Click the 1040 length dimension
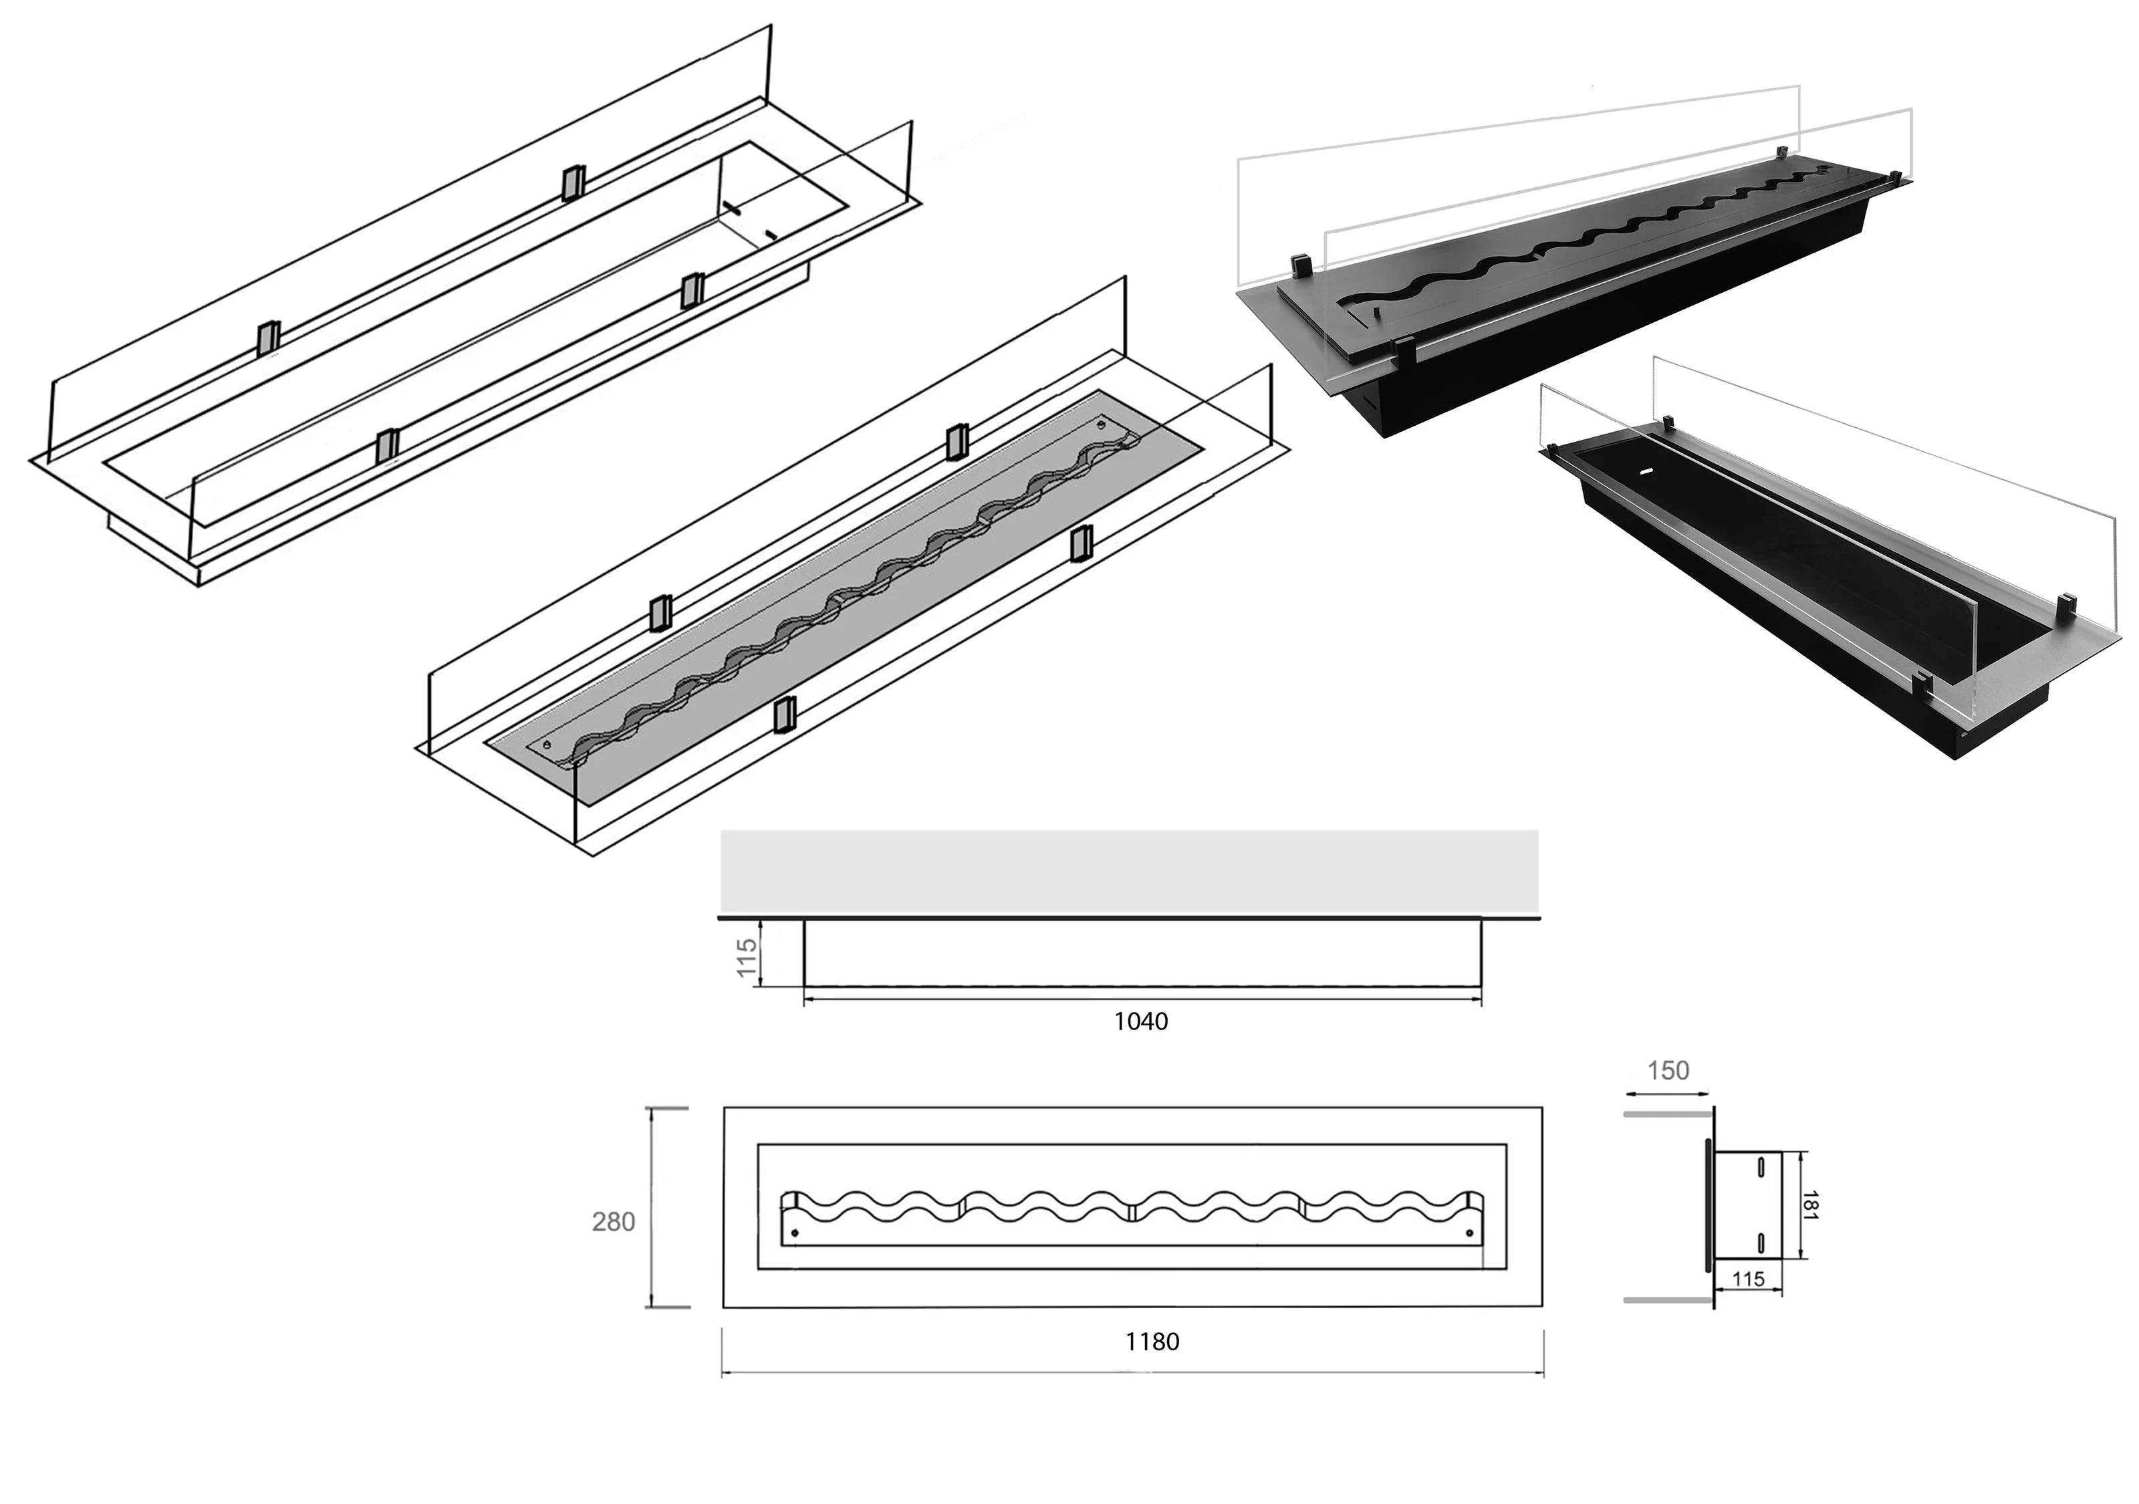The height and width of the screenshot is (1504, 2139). pos(1140,1021)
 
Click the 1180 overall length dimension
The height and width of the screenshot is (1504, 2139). pos(1152,1342)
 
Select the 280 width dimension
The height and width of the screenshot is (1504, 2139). pos(613,1222)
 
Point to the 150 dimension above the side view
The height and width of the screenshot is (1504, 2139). pos(1668,1071)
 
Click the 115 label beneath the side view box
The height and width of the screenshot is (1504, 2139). pos(1748,1279)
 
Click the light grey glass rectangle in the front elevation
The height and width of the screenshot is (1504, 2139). pos(1129,870)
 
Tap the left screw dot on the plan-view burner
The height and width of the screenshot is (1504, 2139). pos(793,1233)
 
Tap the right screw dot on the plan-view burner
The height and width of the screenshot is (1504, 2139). pos(1470,1233)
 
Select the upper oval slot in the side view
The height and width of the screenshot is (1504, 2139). pos(1760,1166)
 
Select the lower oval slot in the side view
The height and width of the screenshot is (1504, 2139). pos(1760,1242)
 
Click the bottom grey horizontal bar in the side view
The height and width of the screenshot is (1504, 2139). pos(1668,1298)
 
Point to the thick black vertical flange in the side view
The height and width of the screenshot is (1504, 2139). pos(1708,1204)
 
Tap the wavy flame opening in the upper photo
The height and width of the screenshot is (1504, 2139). pos(1584,242)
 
